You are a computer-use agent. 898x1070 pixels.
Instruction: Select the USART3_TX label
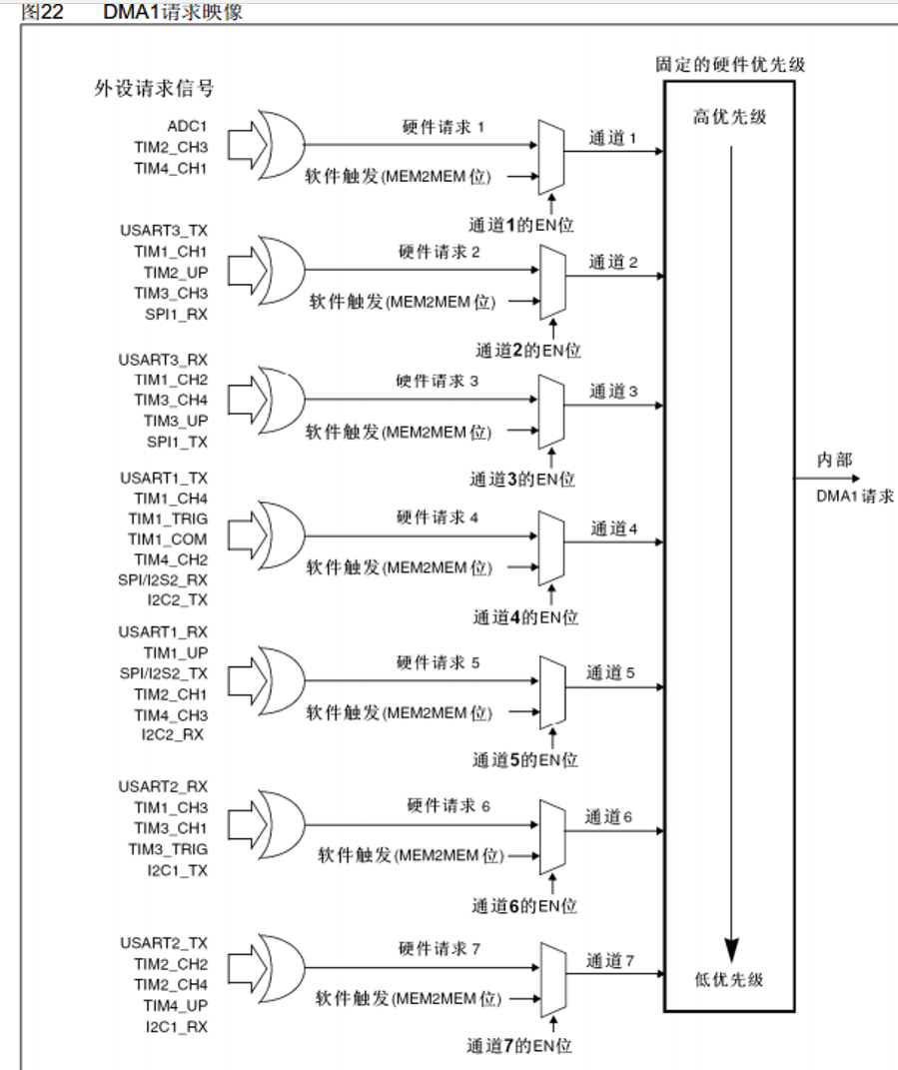point(163,231)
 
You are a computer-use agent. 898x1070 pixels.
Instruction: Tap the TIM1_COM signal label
point(167,538)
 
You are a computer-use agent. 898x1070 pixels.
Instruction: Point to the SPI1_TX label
point(177,442)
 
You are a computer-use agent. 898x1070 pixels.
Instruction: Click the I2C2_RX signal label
point(176,735)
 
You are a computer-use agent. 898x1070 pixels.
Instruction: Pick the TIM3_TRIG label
point(169,849)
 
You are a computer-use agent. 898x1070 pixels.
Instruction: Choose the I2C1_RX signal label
point(176,1026)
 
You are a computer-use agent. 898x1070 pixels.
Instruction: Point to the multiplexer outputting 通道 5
point(549,689)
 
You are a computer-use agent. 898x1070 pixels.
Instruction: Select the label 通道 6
point(610,817)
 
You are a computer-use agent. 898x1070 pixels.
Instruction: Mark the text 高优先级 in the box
point(730,117)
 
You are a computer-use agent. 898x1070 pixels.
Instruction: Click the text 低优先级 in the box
point(730,980)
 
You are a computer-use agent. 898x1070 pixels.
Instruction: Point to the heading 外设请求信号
point(154,88)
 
